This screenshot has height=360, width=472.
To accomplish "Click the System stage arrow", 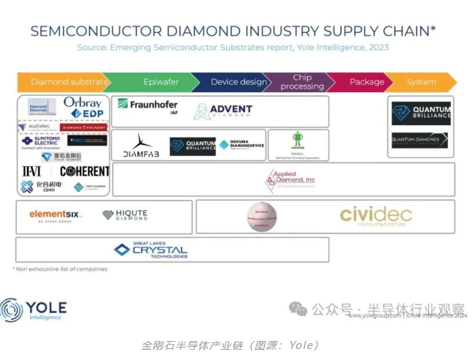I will pos(422,83).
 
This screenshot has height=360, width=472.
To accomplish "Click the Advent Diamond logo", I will pos(223,111).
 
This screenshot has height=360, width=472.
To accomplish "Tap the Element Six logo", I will pos(56,215).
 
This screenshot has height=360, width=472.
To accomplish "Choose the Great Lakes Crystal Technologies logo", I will pos(151,250).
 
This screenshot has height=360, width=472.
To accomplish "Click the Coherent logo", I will pos(84,171).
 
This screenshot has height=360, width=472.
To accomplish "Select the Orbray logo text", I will pos(82,102).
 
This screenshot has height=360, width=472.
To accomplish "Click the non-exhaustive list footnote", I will pos(59,269).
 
